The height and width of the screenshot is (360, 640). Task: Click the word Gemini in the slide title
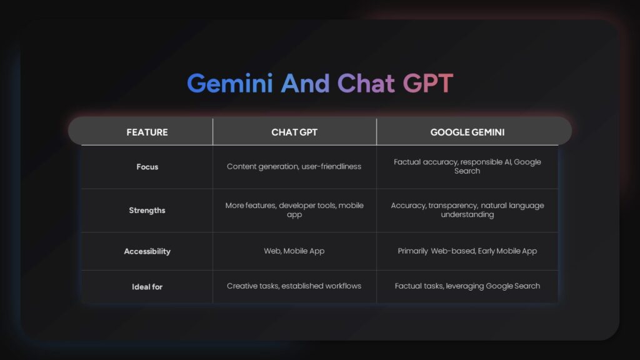point(229,84)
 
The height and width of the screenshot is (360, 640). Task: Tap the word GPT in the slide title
point(427,84)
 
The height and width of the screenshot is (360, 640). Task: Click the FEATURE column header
point(147,132)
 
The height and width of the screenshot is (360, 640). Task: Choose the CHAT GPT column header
point(294,132)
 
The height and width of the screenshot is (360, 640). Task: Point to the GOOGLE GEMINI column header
point(467,132)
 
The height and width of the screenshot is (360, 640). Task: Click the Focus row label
point(147,167)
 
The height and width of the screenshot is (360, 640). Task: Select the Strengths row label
point(147,211)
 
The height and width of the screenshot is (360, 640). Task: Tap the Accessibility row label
point(147,251)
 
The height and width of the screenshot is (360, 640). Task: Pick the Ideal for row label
point(147,286)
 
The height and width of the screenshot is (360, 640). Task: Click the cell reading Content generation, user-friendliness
point(294,167)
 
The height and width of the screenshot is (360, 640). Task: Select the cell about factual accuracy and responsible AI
point(467,166)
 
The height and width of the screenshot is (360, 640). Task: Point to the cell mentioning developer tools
point(294,210)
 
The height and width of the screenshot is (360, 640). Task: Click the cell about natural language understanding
point(467,210)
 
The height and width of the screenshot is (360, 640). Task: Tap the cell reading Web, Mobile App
point(294,251)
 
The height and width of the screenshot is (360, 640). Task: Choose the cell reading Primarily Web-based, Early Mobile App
point(467,251)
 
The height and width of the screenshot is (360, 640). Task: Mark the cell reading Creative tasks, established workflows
point(294,286)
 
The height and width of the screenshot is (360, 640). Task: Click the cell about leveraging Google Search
point(467,286)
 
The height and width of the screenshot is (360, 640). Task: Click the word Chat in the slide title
point(366,84)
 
